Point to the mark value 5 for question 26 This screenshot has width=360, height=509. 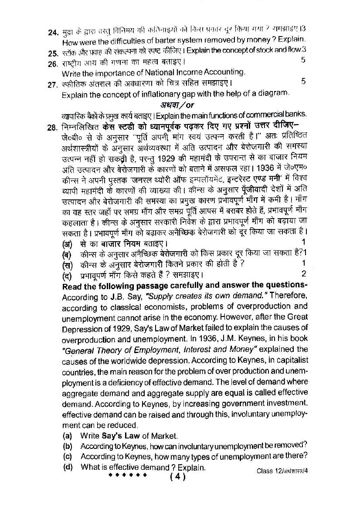coord(303,60)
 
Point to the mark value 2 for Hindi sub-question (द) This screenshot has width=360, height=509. coord(304,274)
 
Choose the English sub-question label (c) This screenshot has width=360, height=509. coord(67,457)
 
